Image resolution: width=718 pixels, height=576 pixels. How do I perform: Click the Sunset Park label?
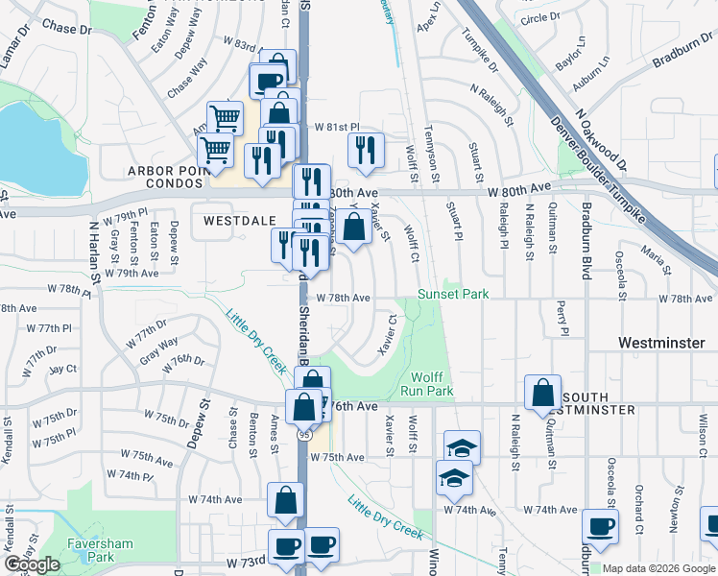click(453, 294)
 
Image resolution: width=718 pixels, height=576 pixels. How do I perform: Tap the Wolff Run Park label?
click(431, 384)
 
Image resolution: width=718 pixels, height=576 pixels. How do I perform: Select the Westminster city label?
click(662, 343)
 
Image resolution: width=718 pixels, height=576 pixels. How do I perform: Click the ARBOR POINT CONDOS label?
click(179, 172)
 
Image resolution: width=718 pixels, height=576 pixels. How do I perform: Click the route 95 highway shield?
click(301, 434)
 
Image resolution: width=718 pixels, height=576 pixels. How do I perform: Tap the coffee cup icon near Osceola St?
click(601, 526)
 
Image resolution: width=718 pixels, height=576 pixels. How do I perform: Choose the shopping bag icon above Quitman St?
click(542, 393)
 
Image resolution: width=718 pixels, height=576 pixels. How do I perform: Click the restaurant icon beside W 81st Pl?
click(366, 149)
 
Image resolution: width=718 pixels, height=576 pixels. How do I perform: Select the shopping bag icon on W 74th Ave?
click(286, 499)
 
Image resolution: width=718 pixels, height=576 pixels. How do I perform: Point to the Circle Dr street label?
click(539, 18)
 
